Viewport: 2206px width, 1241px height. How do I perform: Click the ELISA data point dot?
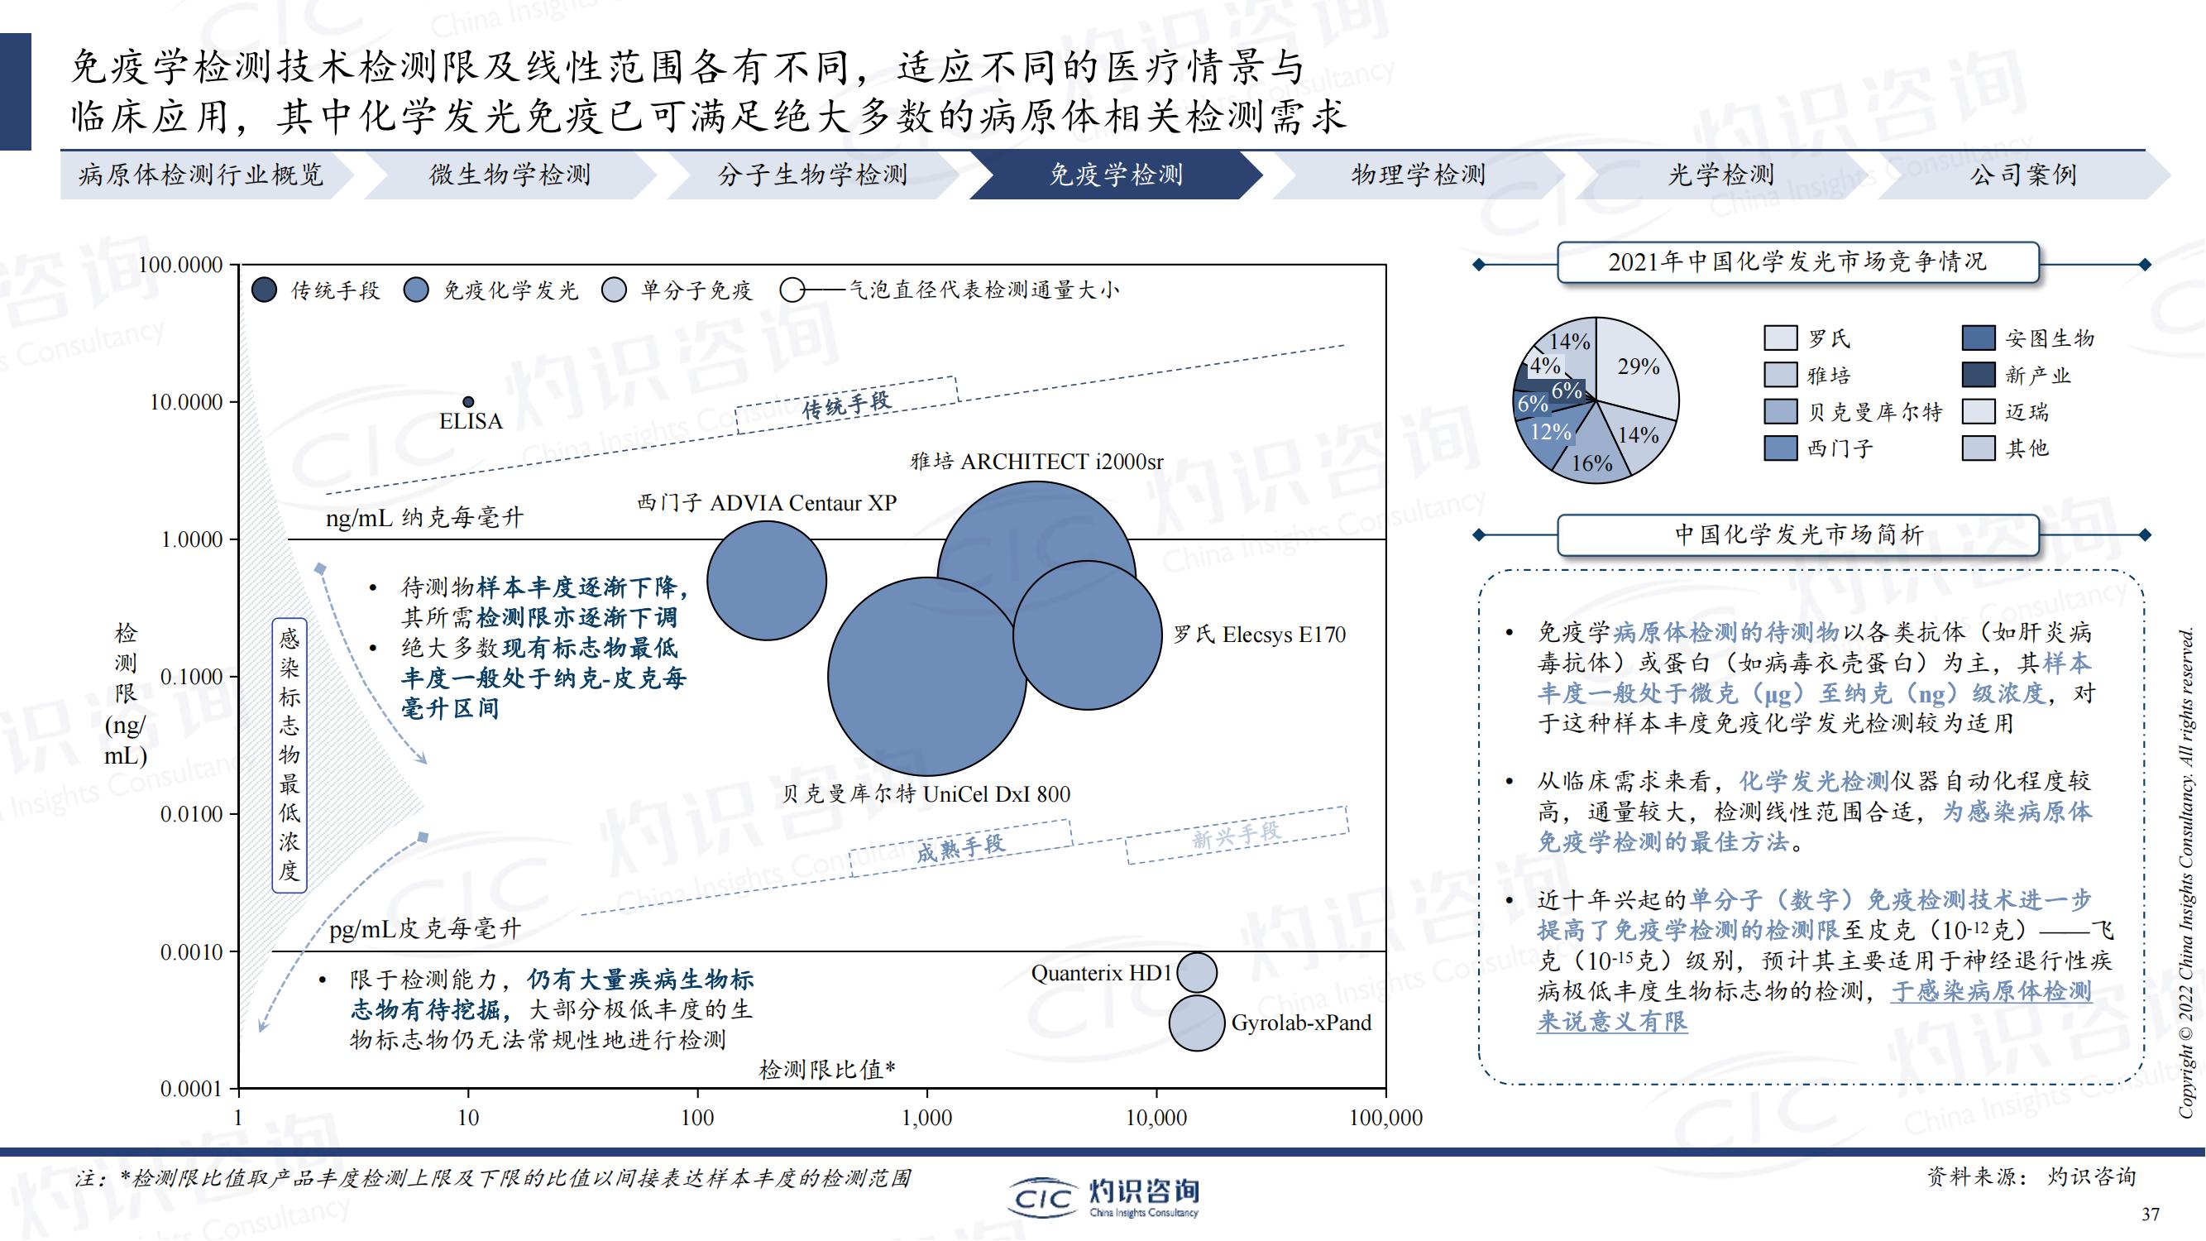click(468, 402)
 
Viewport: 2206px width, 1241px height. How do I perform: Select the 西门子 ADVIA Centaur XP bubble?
click(767, 581)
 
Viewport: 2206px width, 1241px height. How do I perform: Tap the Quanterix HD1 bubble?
click(1196, 973)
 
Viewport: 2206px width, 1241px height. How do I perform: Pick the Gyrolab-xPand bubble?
click(1196, 1023)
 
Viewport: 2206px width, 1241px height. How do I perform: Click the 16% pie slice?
click(1590, 449)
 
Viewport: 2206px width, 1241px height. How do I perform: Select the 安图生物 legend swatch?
click(1979, 338)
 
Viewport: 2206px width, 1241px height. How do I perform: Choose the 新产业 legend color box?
click(1979, 375)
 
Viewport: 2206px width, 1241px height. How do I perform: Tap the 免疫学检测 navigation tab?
click(1116, 175)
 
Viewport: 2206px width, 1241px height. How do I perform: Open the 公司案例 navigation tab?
click(2023, 175)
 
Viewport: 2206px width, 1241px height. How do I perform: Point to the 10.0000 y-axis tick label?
click(186, 402)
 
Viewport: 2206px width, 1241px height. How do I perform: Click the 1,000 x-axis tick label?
click(927, 1118)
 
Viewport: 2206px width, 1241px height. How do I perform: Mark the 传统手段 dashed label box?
click(847, 405)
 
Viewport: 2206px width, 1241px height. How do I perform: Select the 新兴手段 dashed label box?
click(1237, 834)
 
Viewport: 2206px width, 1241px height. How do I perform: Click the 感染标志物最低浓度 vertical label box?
click(290, 755)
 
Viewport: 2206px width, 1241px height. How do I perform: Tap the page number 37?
click(2151, 1215)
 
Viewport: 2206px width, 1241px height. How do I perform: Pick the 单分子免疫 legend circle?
click(614, 290)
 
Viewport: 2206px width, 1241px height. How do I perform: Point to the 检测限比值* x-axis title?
click(827, 1069)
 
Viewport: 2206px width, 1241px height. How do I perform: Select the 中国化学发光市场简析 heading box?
click(1797, 535)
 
